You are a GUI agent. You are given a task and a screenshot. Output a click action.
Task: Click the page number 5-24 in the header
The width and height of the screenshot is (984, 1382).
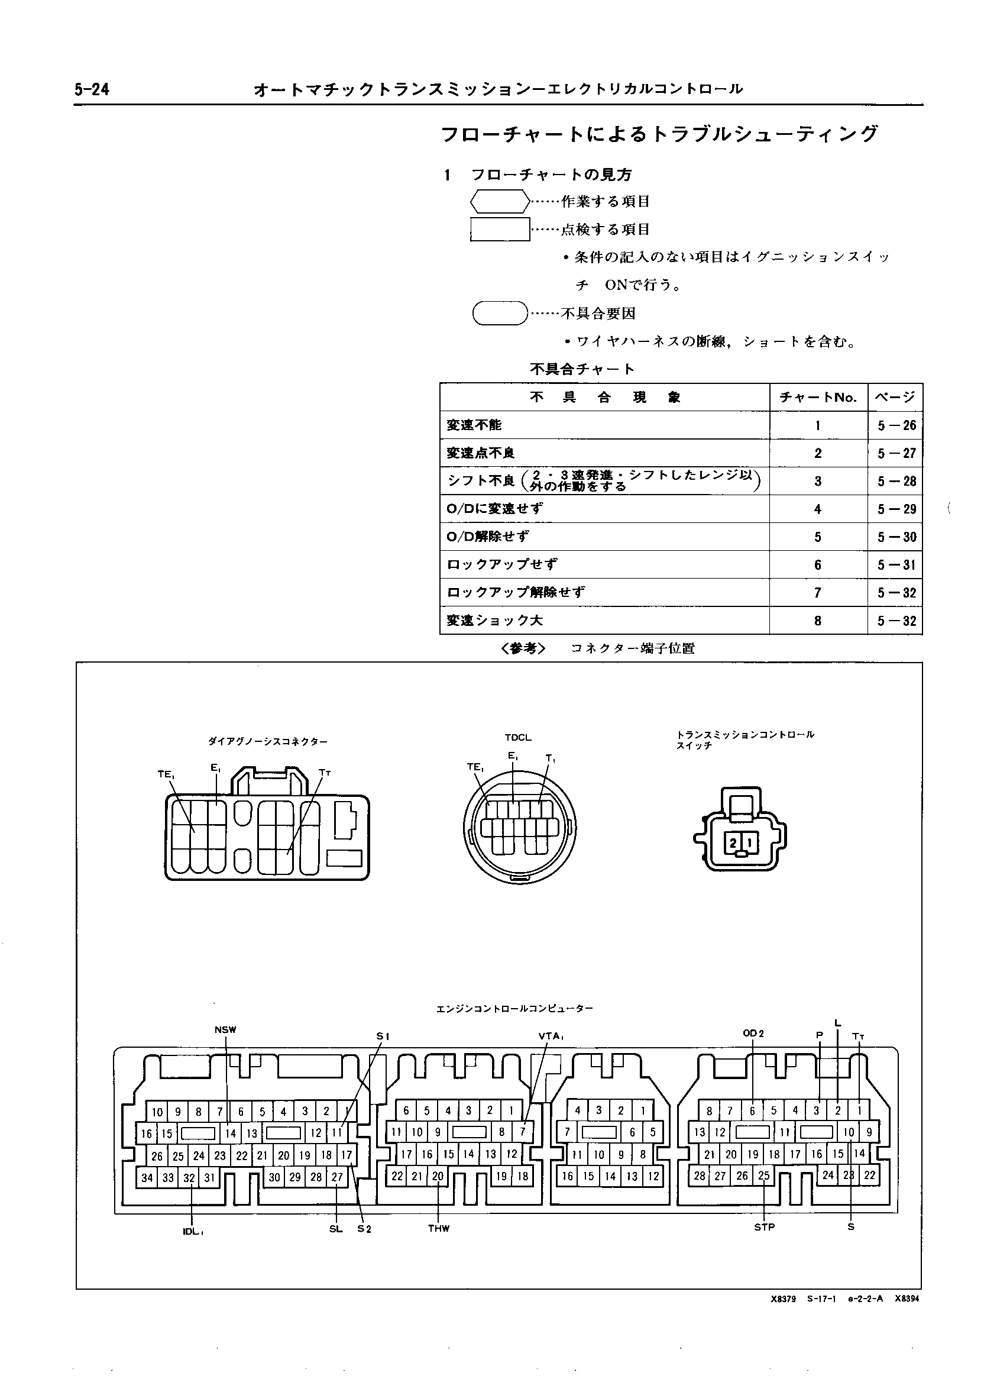[x=92, y=90]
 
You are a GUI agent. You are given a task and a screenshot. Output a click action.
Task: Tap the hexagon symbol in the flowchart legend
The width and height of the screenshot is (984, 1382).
[x=500, y=201]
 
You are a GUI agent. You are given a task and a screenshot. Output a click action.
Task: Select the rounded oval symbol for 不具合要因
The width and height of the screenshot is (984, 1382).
[x=500, y=314]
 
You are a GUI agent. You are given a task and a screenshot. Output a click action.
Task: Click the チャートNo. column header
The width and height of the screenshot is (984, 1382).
[x=818, y=398]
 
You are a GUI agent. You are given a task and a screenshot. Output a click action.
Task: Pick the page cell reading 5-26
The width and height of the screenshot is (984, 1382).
[x=896, y=425]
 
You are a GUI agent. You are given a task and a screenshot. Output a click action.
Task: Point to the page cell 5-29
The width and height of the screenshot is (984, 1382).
[x=896, y=509]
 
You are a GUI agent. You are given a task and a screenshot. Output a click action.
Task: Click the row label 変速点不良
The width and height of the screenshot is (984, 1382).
[x=481, y=453]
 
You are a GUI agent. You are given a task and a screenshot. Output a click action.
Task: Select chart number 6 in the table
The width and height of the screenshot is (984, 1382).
[x=818, y=565]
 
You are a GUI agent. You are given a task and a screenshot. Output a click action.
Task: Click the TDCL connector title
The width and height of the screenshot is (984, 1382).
[x=517, y=738]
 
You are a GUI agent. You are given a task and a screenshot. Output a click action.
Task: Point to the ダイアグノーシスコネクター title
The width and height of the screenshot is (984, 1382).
[x=268, y=741]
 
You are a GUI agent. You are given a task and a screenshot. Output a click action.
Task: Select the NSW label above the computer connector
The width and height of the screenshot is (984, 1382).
[x=225, y=1030]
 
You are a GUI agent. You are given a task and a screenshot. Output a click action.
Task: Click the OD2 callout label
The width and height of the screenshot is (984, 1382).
[x=753, y=1034]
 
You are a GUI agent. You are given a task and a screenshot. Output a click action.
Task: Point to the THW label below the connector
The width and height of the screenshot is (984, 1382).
[x=439, y=1229]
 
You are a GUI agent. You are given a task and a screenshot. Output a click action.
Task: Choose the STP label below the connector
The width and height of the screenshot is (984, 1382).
[x=764, y=1228]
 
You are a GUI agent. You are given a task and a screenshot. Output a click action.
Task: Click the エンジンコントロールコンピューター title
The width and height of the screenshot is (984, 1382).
[x=514, y=1009]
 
